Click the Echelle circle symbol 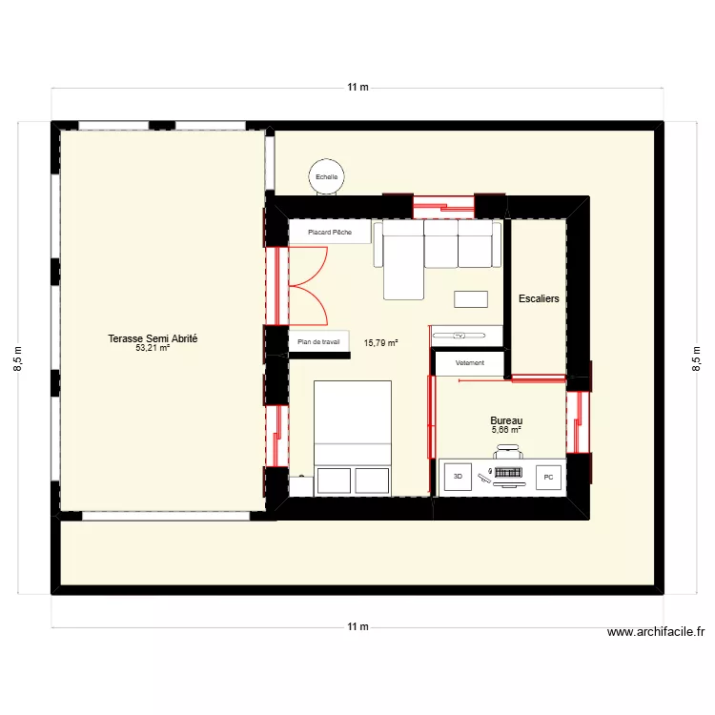(x=327, y=176)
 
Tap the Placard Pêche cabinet (x=330, y=232)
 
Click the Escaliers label (x=539, y=298)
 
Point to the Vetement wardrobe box (x=469, y=363)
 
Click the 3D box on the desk (x=457, y=476)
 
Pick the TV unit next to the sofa (x=466, y=335)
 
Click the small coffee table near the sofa (x=472, y=299)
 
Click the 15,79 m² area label (x=381, y=342)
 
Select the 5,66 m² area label (x=506, y=430)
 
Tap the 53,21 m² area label (x=153, y=348)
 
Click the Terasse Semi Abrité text (x=153, y=338)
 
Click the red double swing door (x=307, y=283)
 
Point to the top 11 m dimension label (x=357, y=88)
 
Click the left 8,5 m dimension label (x=18, y=358)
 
